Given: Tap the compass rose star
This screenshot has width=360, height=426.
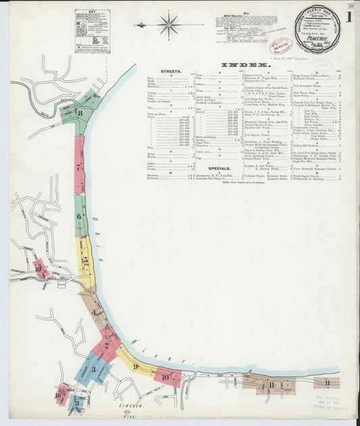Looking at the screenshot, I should click(169, 26).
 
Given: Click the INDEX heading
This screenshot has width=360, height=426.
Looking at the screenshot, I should click(240, 65).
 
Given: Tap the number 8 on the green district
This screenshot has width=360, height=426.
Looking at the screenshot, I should click(80, 113).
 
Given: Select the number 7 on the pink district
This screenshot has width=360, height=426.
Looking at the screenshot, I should click(79, 166).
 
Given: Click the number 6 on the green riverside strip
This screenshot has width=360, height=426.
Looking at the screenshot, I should click(79, 217).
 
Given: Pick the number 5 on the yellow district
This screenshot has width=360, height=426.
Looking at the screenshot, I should click(84, 259).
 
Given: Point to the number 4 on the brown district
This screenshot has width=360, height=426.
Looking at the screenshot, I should click(95, 314).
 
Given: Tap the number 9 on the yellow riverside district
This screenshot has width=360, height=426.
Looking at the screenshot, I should click(135, 367).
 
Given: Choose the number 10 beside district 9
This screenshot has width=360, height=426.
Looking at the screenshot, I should click(165, 377).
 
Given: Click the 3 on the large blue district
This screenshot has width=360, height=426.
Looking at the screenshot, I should click(93, 369).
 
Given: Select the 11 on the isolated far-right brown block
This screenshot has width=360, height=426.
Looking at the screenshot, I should click(327, 383).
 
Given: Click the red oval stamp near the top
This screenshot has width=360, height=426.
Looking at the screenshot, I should click(280, 46).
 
